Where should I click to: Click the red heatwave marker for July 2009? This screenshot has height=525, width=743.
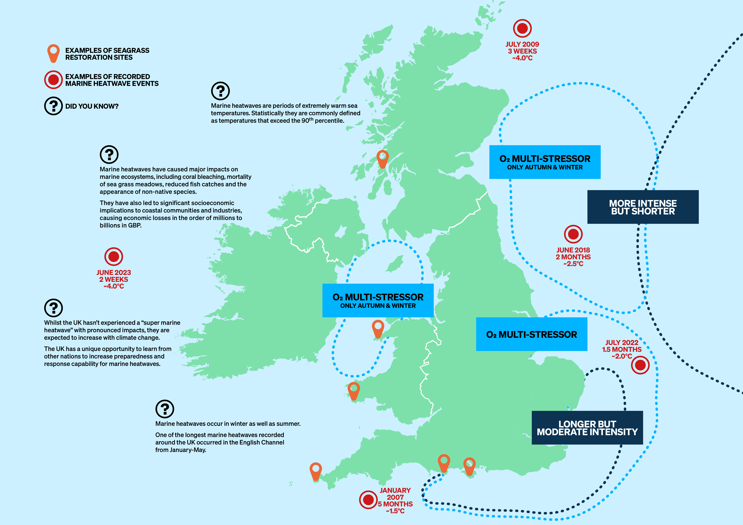point(522,28)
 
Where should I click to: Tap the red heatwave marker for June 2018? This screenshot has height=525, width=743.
point(573,234)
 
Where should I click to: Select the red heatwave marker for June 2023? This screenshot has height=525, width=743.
point(114,257)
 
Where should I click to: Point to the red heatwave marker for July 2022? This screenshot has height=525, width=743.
point(640,365)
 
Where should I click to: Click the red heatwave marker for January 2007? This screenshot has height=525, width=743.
point(368,500)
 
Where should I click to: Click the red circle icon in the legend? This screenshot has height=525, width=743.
point(53,80)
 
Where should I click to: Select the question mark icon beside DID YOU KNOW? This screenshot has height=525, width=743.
point(53,106)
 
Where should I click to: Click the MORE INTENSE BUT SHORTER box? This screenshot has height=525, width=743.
point(643,207)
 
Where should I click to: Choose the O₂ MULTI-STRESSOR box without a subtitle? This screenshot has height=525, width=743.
point(531,334)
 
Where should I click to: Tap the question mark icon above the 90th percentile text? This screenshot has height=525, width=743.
point(220,91)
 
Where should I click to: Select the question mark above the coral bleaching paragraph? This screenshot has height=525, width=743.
point(109,154)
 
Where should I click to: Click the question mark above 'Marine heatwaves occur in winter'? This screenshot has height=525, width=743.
point(165,409)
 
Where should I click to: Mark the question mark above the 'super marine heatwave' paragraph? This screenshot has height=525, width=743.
point(53,308)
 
